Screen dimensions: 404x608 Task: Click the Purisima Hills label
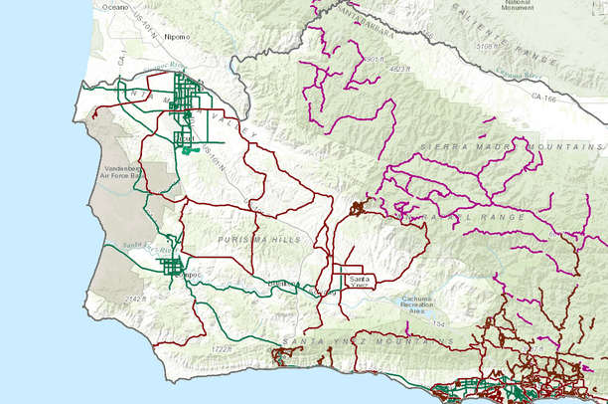point(245,230)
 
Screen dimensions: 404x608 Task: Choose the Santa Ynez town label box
point(359,279)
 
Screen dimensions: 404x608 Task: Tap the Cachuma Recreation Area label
point(416,306)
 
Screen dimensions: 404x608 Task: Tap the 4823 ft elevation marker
point(400,70)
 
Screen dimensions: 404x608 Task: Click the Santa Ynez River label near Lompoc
point(135,245)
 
